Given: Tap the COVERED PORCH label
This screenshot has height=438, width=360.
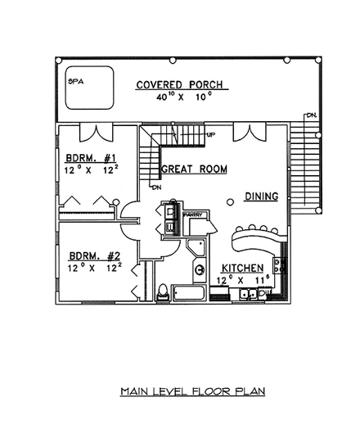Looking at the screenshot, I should [x=181, y=84].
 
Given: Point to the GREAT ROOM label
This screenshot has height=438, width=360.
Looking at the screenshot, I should [x=193, y=169].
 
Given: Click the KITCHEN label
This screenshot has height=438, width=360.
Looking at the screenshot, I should [x=241, y=268].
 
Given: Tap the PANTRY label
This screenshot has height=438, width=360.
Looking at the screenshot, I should [x=193, y=214].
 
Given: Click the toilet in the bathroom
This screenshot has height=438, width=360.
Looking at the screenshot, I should [x=162, y=290].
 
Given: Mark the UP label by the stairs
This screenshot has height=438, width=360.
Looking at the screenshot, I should [x=210, y=133].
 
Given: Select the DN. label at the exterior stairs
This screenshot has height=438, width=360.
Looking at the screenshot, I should [x=312, y=115].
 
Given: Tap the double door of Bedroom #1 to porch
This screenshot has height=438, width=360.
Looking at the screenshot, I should [x=95, y=133].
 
